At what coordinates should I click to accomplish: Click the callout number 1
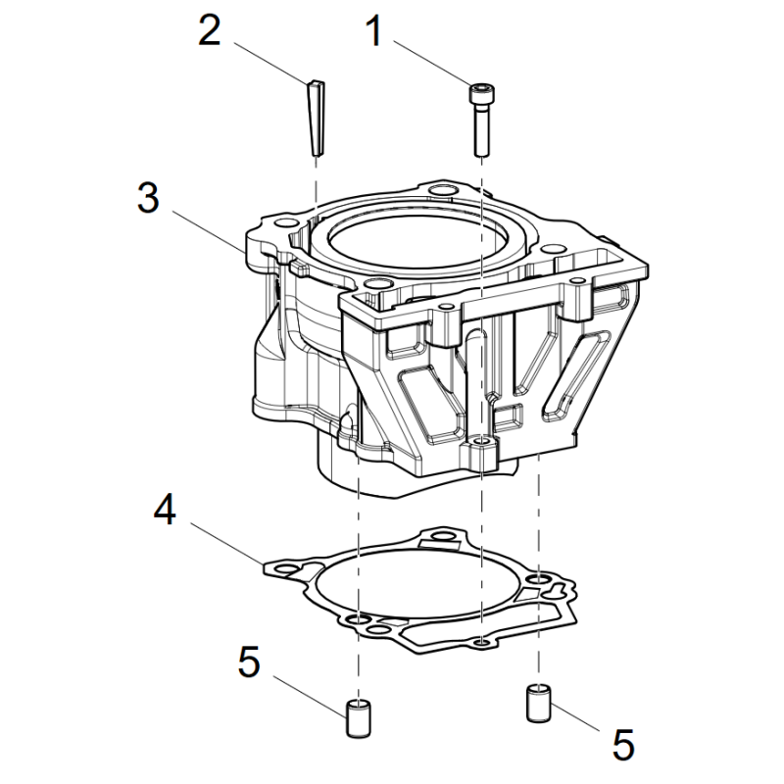[x=374, y=31]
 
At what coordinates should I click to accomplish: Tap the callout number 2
[x=210, y=31]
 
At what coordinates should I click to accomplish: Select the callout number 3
[x=149, y=198]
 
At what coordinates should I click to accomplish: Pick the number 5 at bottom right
[x=623, y=745]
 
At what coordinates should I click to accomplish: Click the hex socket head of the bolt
[x=480, y=92]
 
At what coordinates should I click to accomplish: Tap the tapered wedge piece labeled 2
[x=316, y=118]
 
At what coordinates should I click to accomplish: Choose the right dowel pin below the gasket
[x=538, y=703]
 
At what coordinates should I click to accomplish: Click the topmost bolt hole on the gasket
[x=442, y=537]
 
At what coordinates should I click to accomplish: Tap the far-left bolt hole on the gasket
[x=287, y=568]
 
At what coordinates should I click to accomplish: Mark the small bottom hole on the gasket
[x=481, y=642]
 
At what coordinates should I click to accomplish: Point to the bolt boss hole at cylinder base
[x=482, y=441]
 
